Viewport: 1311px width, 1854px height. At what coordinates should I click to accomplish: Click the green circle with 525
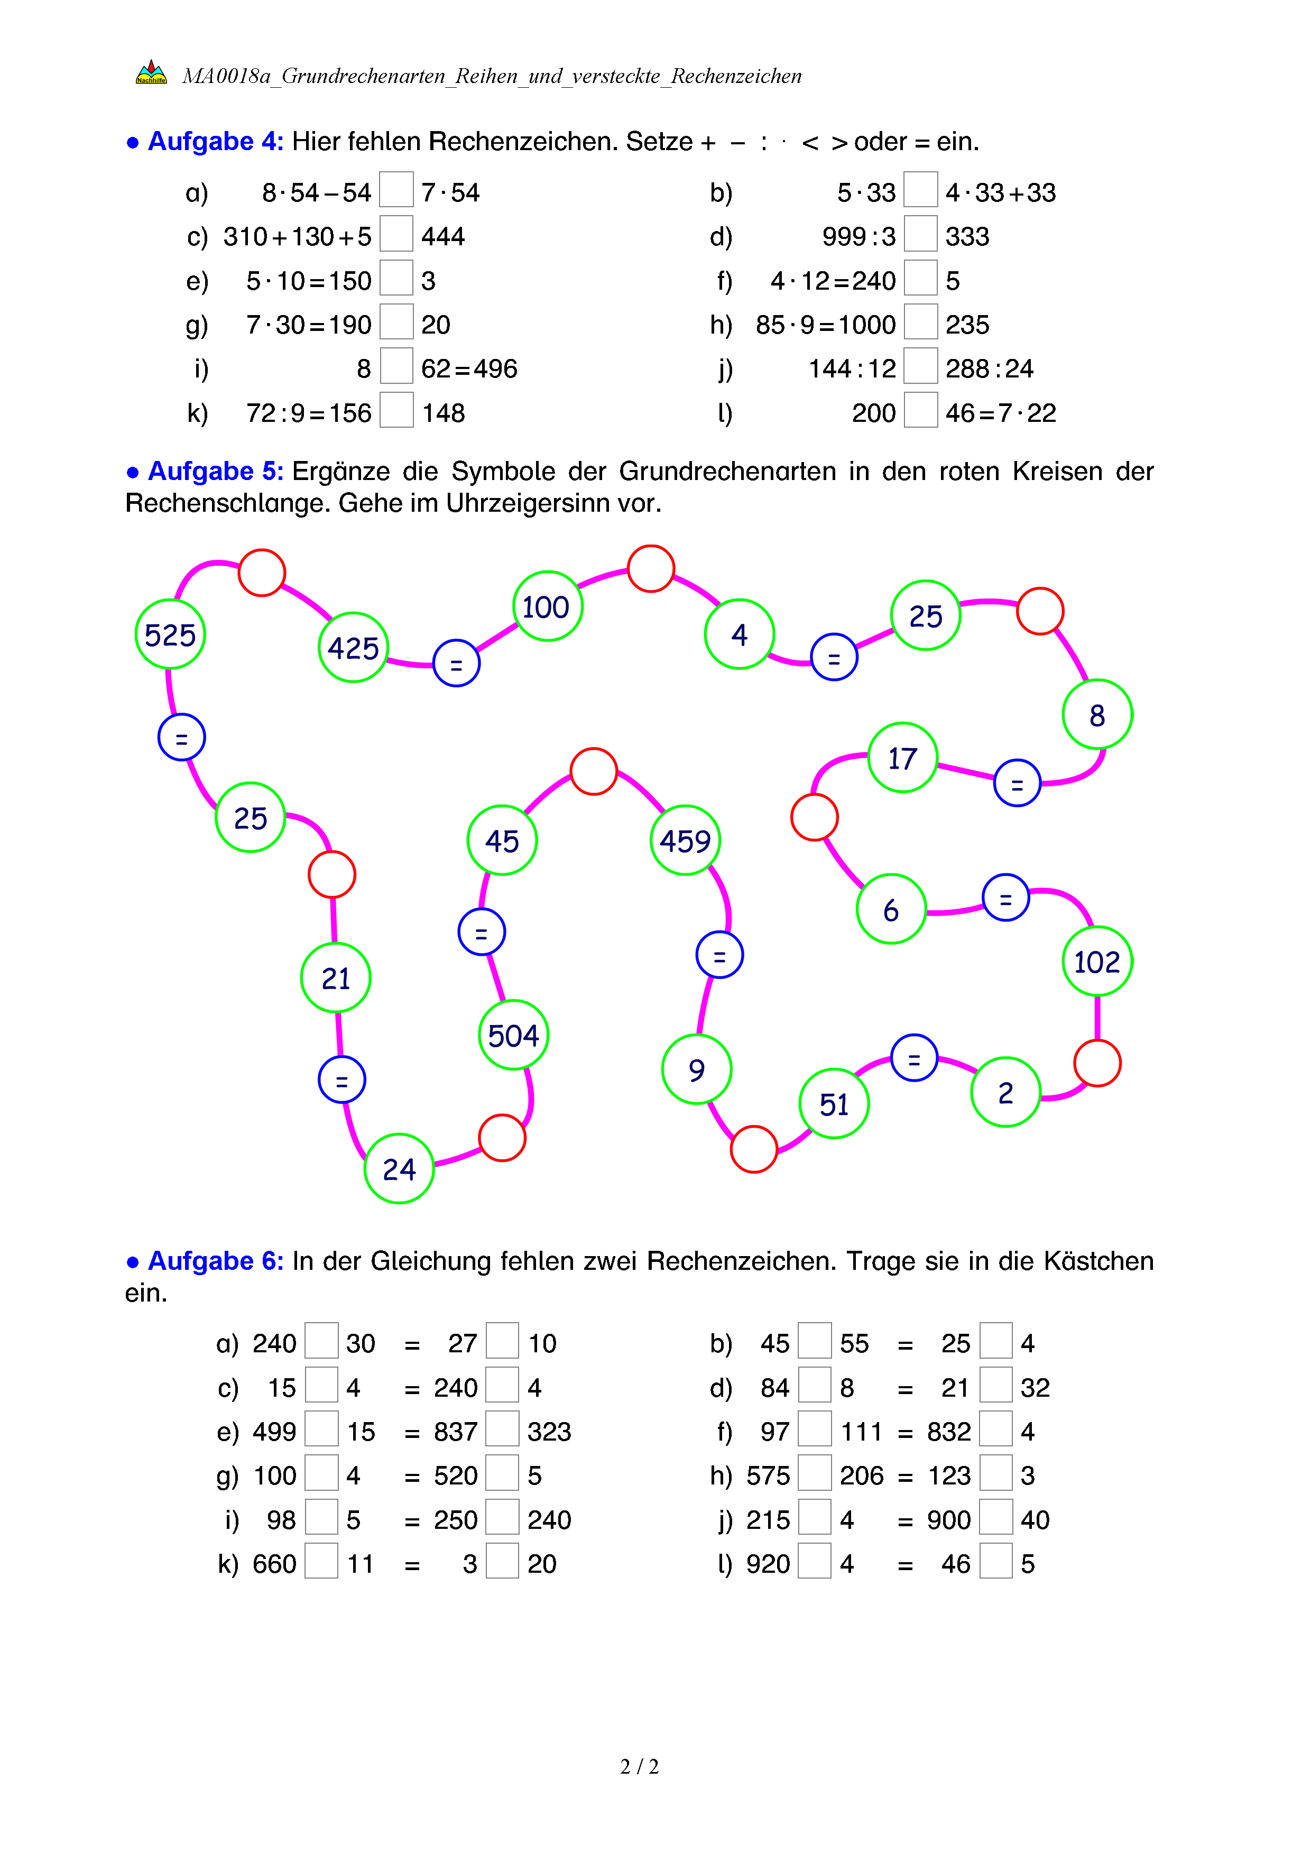pyautogui.click(x=170, y=635)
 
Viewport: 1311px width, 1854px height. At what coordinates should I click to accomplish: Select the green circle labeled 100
pyautogui.click(x=547, y=606)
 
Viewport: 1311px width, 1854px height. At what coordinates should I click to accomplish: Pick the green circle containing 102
pyautogui.click(x=1097, y=962)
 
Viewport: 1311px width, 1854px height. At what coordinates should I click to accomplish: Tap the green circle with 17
pyautogui.click(x=902, y=758)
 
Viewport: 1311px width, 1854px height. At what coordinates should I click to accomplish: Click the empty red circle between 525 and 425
pyautogui.click(x=262, y=573)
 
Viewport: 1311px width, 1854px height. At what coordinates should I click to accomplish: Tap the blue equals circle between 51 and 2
pyautogui.click(x=914, y=1058)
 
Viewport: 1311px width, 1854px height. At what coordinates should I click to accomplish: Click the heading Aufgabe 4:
pyautogui.click(x=216, y=141)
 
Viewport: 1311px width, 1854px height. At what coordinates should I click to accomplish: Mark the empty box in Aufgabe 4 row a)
pyautogui.click(x=396, y=190)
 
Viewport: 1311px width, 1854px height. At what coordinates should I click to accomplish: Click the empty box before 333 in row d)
pyautogui.click(x=920, y=234)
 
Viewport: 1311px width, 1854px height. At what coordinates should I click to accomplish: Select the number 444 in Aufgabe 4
pyautogui.click(x=443, y=237)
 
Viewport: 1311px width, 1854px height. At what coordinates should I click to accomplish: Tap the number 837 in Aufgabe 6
pyautogui.click(x=455, y=1432)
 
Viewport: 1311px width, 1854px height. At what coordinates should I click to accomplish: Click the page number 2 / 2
pyautogui.click(x=639, y=1767)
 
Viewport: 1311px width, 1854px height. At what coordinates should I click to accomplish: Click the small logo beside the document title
pyautogui.click(x=151, y=72)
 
